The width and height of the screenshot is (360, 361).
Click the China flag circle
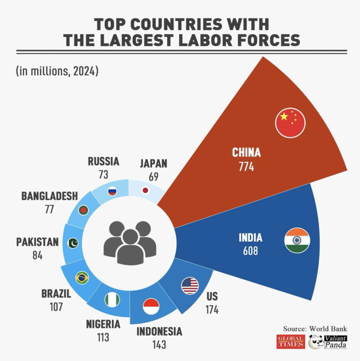point(290,122)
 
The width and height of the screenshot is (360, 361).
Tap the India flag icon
point(297,240)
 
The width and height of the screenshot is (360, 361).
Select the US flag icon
point(190,285)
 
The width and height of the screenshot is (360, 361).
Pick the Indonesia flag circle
point(151,306)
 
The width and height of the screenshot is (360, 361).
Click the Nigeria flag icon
point(112,300)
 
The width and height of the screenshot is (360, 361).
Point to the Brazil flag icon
point(82,277)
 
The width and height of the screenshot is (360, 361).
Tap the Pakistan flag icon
point(73,243)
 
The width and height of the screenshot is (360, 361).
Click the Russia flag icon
point(112,191)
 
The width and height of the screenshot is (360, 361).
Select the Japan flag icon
point(145,190)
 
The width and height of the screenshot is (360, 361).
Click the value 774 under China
point(246,166)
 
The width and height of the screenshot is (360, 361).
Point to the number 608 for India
point(250,250)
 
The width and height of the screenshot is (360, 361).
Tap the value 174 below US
point(212,309)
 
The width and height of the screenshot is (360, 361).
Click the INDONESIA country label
point(159,331)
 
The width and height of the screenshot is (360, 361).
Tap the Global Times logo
point(291,341)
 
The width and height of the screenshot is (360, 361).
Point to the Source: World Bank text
point(321,328)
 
